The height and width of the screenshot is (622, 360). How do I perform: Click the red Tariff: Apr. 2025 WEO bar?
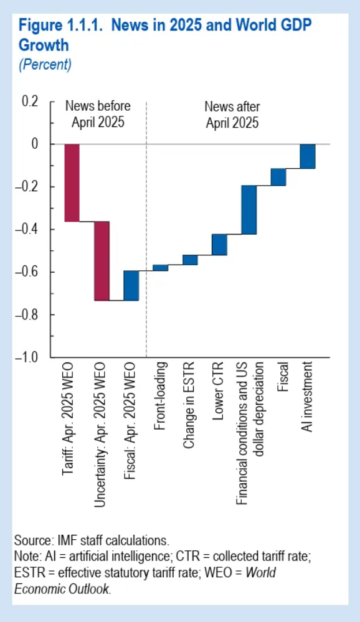pyautogui.click(x=72, y=182)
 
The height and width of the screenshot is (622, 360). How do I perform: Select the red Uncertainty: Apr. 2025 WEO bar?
pyautogui.click(x=102, y=261)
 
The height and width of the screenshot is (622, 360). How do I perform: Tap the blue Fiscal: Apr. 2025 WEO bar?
pyautogui.click(x=131, y=286)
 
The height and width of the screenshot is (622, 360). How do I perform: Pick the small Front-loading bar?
pyautogui.click(x=160, y=268)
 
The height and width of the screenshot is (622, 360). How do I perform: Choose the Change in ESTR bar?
pyautogui.click(x=190, y=260)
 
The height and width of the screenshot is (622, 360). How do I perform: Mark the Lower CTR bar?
pyautogui.click(x=219, y=244)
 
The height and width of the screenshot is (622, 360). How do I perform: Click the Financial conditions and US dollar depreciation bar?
pyautogui.click(x=249, y=210)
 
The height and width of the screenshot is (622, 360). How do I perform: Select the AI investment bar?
pyautogui.click(x=308, y=156)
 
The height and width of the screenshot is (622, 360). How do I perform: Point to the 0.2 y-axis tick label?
pyautogui.click(x=30, y=101)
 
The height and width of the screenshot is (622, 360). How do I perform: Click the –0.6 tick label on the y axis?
pyautogui.click(x=27, y=272)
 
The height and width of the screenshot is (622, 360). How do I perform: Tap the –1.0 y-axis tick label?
pyautogui.click(x=27, y=357)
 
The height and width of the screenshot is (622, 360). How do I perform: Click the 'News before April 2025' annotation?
pyautogui.click(x=98, y=114)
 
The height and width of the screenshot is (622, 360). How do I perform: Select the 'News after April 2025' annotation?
pyautogui.click(x=232, y=114)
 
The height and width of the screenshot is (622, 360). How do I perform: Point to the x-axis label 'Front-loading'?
pyautogui.click(x=159, y=396)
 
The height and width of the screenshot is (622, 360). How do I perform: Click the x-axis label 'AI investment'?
pyautogui.click(x=307, y=397)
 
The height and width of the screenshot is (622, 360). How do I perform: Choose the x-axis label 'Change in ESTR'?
pyautogui.click(x=189, y=405)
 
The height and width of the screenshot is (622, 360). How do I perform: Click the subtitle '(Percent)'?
pyautogui.click(x=45, y=64)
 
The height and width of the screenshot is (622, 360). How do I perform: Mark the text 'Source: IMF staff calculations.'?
pyautogui.click(x=92, y=540)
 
